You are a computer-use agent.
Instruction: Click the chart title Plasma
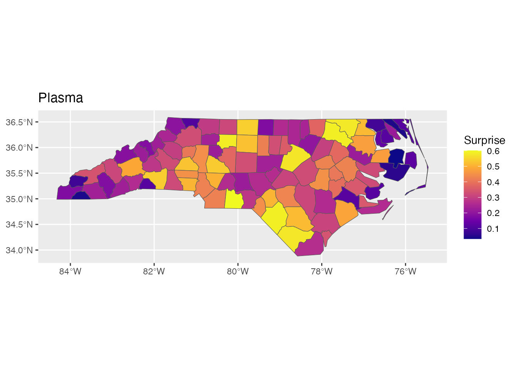coord(61,98)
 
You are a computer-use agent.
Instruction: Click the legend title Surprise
coord(484,140)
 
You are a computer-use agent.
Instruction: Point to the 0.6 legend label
coord(493,151)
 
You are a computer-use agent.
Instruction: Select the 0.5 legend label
coord(493,166)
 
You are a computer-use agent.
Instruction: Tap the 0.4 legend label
coord(493,182)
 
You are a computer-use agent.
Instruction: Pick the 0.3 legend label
coord(493,198)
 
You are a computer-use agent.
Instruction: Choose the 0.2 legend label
coord(493,213)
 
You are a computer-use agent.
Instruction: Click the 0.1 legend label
coord(493,229)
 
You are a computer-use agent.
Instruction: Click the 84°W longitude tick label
coord(70,271)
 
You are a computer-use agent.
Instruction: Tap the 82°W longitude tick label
coord(154,271)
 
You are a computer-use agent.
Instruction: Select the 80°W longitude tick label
coord(238,271)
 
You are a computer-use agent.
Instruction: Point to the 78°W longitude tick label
coord(322,271)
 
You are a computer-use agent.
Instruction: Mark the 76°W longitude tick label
coord(405,271)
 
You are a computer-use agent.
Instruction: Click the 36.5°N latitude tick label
coord(19,122)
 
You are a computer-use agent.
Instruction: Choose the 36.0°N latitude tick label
coord(19,148)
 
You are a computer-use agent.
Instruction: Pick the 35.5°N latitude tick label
coord(19,173)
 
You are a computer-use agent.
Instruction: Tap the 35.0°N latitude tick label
coord(19,199)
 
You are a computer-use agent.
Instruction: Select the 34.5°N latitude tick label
coord(19,224)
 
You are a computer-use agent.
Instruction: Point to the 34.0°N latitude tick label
coord(19,250)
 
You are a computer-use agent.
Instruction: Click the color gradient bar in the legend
coord(472,194)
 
